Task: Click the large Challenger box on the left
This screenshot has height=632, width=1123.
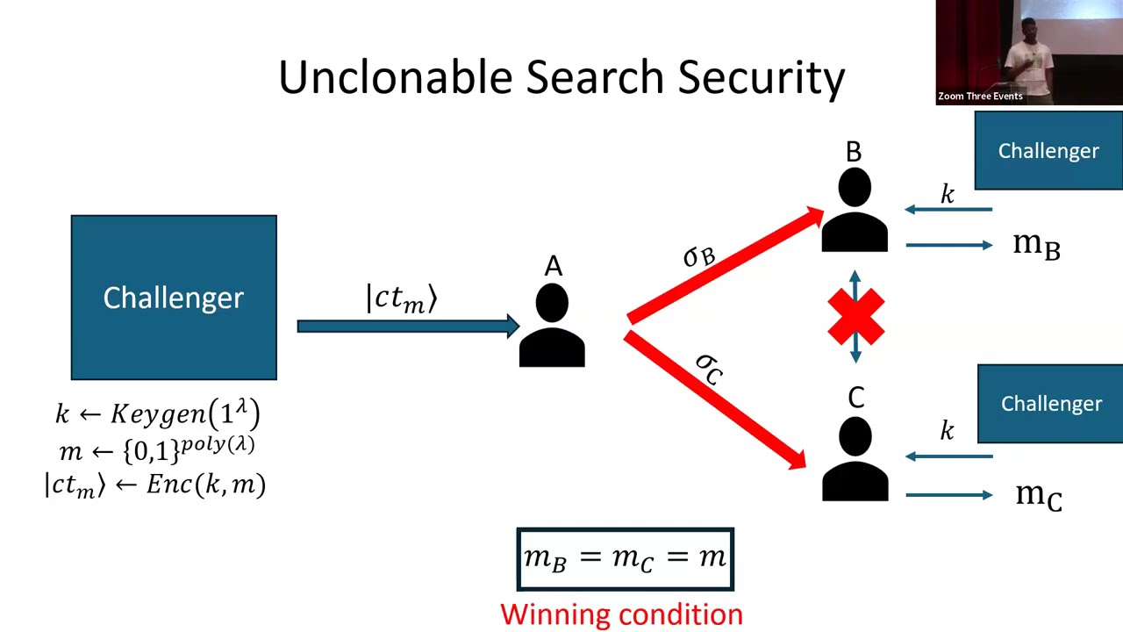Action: (x=174, y=298)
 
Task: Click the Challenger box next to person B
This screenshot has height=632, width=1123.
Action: (x=1048, y=151)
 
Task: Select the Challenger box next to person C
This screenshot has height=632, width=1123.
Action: (x=1050, y=404)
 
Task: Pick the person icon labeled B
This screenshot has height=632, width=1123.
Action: (x=855, y=212)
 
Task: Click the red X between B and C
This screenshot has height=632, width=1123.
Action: (x=855, y=317)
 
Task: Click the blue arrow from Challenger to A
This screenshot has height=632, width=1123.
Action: (x=408, y=327)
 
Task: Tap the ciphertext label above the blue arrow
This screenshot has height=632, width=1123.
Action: (x=401, y=298)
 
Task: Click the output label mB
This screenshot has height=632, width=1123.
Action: (x=1036, y=245)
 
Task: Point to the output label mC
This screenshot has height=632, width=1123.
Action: (x=1038, y=495)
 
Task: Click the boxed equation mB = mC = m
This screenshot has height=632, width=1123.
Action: (x=625, y=558)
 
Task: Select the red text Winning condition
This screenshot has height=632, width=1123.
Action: (x=621, y=614)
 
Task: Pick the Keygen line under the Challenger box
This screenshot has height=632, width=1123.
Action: (x=158, y=413)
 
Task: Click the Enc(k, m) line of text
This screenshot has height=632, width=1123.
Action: (x=154, y=485)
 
